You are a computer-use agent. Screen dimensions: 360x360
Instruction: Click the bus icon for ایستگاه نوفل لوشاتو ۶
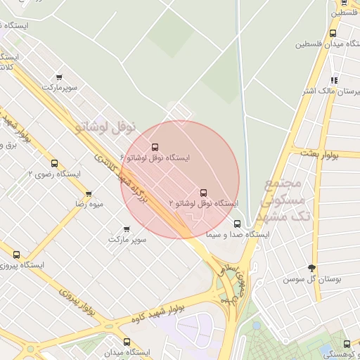[x=155, y=147]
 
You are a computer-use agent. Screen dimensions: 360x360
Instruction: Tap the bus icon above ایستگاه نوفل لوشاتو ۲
[x=204, y=192]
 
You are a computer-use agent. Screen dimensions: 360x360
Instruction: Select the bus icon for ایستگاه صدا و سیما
[x=236, y=224]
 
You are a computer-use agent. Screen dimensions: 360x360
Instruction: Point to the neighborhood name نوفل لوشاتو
[x=105, y=127]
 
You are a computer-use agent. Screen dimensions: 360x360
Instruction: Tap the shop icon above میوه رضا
[x=89, y=193]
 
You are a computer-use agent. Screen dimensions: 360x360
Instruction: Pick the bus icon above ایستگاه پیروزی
[x=16, y=255]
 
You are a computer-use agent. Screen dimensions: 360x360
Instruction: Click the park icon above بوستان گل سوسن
[x=312, y=268]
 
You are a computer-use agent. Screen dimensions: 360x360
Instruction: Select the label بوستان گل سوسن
[x=312, y=279]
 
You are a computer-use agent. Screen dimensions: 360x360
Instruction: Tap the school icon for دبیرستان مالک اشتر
[x=334, y=80]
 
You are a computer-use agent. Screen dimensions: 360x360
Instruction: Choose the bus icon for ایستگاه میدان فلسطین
[x=333, y=32]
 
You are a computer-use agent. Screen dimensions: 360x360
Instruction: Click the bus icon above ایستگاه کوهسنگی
[x=347, y=344]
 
